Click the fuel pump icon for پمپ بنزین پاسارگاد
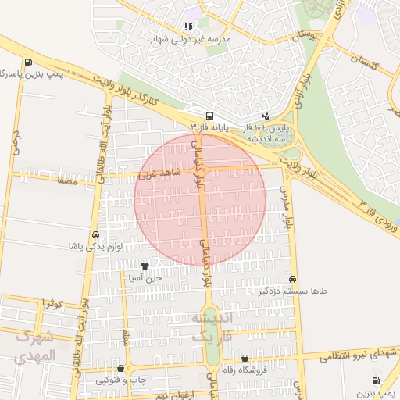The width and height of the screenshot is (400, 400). click(x=29, y=62)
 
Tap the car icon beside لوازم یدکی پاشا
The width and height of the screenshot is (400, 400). click(x=95, y=234)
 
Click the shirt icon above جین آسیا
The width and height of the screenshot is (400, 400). click(x=145, y=266)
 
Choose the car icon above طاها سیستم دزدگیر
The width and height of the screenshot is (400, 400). click(x=292, y=279)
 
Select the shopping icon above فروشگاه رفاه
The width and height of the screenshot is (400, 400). click(x=245, y=358)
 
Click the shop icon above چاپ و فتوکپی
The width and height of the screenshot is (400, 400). click(x=120, y=368)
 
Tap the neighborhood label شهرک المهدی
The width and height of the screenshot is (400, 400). click(x=36, y=347)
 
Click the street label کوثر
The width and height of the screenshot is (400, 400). click(x=53, y=302)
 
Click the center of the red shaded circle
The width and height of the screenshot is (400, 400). click(x=200, y=199)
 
